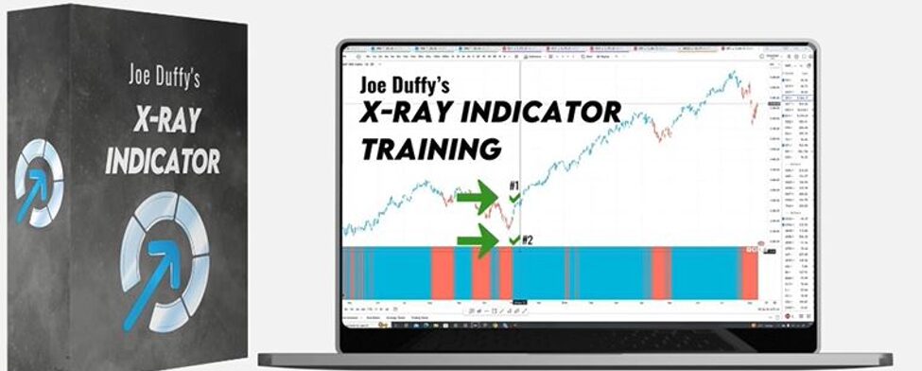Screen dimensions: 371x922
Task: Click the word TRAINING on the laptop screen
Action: pyautogui.click(x=430, y=149)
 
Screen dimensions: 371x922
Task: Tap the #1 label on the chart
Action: pyautogui.click(x=513, y=185)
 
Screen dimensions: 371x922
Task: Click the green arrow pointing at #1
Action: pyautogui.click(x=479, y=200)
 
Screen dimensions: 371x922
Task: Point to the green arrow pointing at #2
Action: pyautogui.click(x=480, y=239)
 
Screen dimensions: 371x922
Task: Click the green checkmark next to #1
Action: pyautogui.click(x=513, y=200)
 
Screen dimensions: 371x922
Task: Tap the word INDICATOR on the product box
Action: pyautogui.click(x=163, y=159)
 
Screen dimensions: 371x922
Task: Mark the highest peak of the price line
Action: pyautogui.click(x=733, y=74)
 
